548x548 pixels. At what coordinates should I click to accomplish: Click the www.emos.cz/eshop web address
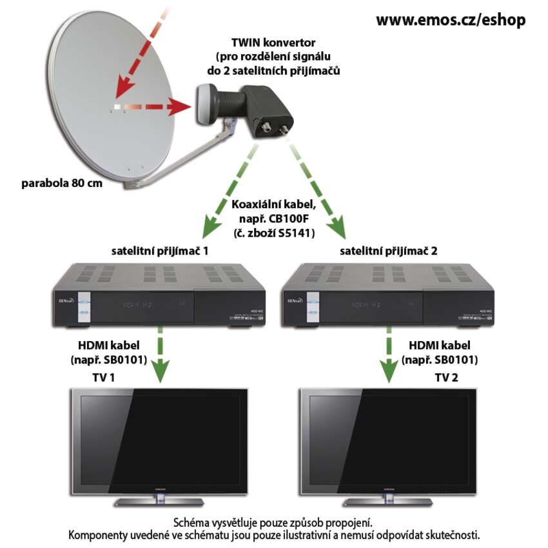pos(451,20)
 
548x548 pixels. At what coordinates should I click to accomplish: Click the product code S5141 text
pos(293,233)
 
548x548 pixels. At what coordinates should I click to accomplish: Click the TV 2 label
pos(447,377)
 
